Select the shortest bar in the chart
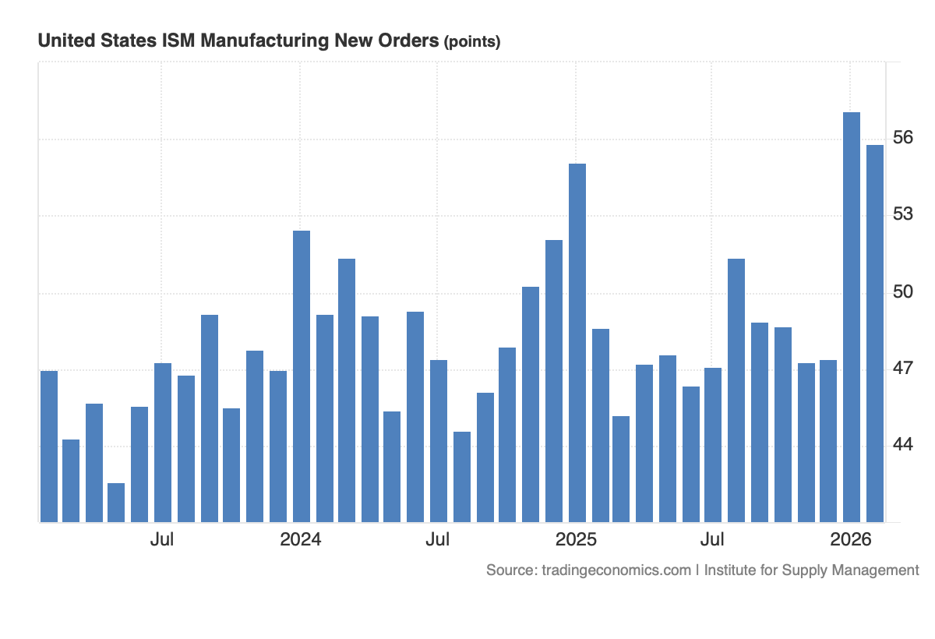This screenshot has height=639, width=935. (116, 503)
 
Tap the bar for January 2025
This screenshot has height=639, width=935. (577, 343)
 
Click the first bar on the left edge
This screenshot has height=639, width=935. (48, 447)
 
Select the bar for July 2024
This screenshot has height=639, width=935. (439, 441)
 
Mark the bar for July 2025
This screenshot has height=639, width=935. (713, 445)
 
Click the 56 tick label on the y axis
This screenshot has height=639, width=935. (903, 138)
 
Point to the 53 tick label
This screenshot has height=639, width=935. (903, 214)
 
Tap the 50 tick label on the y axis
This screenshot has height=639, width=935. (903, 291)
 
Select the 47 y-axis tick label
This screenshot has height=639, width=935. (903, 368)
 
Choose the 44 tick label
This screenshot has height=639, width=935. (903, 444)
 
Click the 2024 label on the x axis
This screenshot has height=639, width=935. (301, 539)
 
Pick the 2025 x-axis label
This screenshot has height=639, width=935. (576, 539)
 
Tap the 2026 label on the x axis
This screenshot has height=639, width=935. (851, 539)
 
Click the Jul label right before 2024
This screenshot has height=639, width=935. (162, 539)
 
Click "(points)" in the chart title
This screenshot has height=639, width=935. (471, 42)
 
